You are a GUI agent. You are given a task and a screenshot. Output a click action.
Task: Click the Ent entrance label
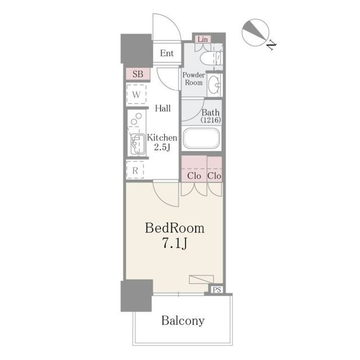click(x=166, y=53)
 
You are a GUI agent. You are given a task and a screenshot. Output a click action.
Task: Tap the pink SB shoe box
click(x=138, y=74)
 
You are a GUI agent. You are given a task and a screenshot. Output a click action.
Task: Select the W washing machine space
click(x=136, y=94)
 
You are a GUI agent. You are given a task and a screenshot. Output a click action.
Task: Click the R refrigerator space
click(x=135, y=170)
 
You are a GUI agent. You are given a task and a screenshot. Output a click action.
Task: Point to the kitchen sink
click(x=137, y=144)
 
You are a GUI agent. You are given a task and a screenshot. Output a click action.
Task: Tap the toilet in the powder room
click(x=211, y=58)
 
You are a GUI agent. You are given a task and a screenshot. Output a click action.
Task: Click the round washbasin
click(x=214, y=85)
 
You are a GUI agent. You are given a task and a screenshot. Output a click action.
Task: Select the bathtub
click(x=201, y=138)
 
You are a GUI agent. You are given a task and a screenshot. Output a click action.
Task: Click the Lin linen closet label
click(x=202, y=39)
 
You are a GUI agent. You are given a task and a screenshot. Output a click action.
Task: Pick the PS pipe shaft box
click(x=217, y=290)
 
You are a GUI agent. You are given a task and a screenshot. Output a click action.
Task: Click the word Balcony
click(x=183, y=321)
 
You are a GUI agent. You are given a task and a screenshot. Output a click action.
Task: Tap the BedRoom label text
click(x=174, y=228)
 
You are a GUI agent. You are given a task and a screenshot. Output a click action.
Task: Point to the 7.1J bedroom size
click(x=175, y=244)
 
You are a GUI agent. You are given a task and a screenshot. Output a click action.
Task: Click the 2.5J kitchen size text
click(x=162, y=147)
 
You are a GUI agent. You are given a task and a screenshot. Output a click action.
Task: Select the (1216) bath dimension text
click(x=211, y=120)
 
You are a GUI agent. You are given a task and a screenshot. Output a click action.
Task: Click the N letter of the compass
click(x=271, y=45)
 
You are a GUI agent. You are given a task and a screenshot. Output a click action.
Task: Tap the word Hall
click(x=163, y=108)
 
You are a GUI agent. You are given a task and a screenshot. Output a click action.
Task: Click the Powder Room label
click(x=193, y=79)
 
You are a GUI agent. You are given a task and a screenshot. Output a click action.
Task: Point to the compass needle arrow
click(x=255, y=30)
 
